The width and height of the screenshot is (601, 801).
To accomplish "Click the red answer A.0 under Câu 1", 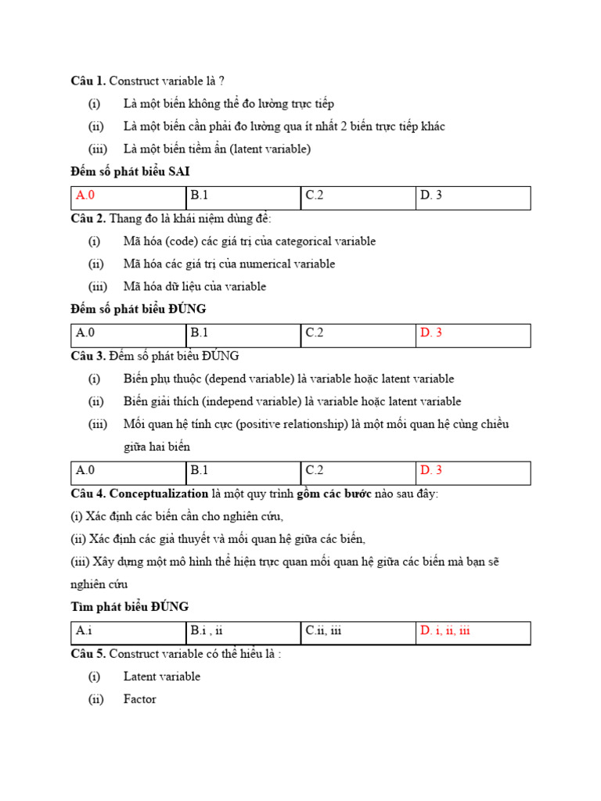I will pyautogui.click(x=85, y=196).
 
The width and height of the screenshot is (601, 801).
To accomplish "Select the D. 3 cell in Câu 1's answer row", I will pyautogui.click(x=431, y=196).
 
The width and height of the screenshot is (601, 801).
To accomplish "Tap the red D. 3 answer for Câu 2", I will pyautogui.click(x=431, y=333).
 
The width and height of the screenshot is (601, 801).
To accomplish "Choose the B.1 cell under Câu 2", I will pyautogui.click(x=200, y=333).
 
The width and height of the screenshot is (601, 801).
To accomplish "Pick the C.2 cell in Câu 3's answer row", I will pyautogui.click(x=315, y=471).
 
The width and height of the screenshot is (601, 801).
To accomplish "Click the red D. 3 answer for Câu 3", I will pyautogui.click(x=431, y=471).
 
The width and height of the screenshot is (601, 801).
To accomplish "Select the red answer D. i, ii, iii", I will pyautogui.click(x=444, y=631).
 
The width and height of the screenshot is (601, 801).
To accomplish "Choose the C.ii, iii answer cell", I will pyautogui.click(x=324, y=631).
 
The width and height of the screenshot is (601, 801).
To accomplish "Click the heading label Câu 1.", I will pyautogui.click(x=88, y=81).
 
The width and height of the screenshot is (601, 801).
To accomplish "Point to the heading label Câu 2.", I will pyautogui.click(x=88, y=219).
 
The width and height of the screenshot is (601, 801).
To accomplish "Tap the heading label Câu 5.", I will pyautogui.click(x=88, y=654).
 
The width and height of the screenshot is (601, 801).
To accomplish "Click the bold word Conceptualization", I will pyautogui.click(x=159, y=494).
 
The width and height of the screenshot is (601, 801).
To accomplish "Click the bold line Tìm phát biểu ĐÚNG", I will pyautogui.click(x=130, y=607).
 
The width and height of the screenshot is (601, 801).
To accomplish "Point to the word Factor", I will pyautogui.click(x=140, y=699).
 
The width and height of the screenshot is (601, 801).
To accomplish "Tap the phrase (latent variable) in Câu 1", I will pyautogui.click(x=270, y=149).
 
